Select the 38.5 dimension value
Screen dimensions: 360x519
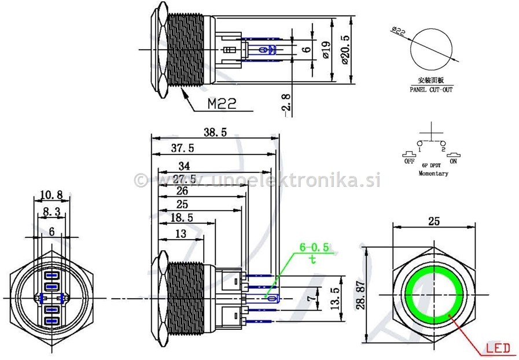(x=215, y=133)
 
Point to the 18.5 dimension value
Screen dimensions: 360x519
(x=182, y=218)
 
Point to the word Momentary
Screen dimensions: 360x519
(x=433, y=174)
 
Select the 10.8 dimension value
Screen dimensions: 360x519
(x=51, y=194)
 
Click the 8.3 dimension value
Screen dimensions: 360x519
(x=51, y=212)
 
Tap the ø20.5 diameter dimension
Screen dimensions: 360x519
(x=345, y=50)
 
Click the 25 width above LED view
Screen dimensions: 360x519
(x=434, y=221)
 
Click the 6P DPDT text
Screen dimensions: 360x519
(x=432, y=165)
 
